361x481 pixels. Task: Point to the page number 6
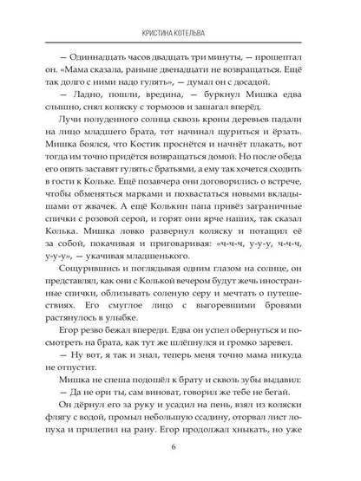180,448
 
